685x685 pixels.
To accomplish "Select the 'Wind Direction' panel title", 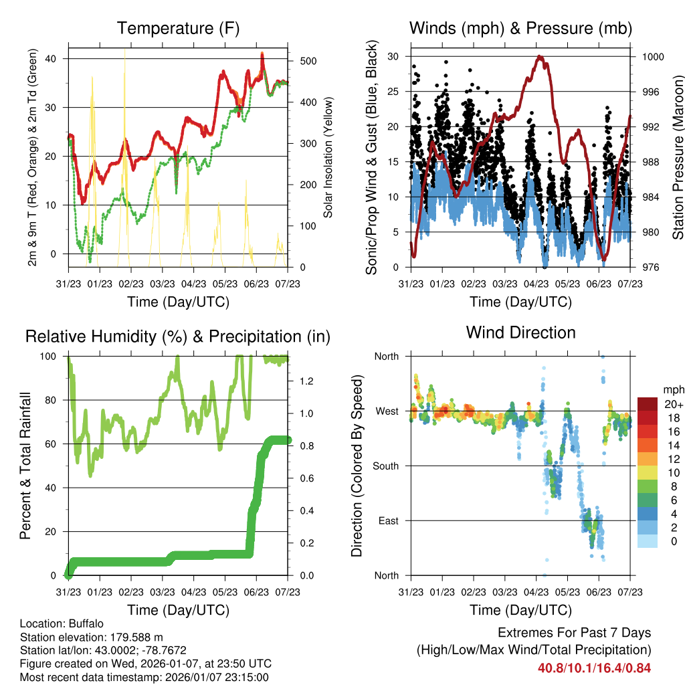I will pos(520,332).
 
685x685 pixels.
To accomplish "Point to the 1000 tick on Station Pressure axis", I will pos(652,57).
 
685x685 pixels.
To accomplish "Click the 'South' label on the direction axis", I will pos(386,466).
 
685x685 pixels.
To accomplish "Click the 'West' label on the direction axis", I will pos(387,411).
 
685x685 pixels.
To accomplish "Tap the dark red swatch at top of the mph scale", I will pos(648,404).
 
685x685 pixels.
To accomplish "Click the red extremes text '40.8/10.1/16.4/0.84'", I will pos(594,668).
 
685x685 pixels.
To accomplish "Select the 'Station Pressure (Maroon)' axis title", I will pos(678,158).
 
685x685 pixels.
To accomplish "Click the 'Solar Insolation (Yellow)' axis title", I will pos(328,158).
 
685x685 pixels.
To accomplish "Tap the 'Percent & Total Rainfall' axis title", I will pos(25,466).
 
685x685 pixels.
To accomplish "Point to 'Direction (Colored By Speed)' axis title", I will pos(357,466).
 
